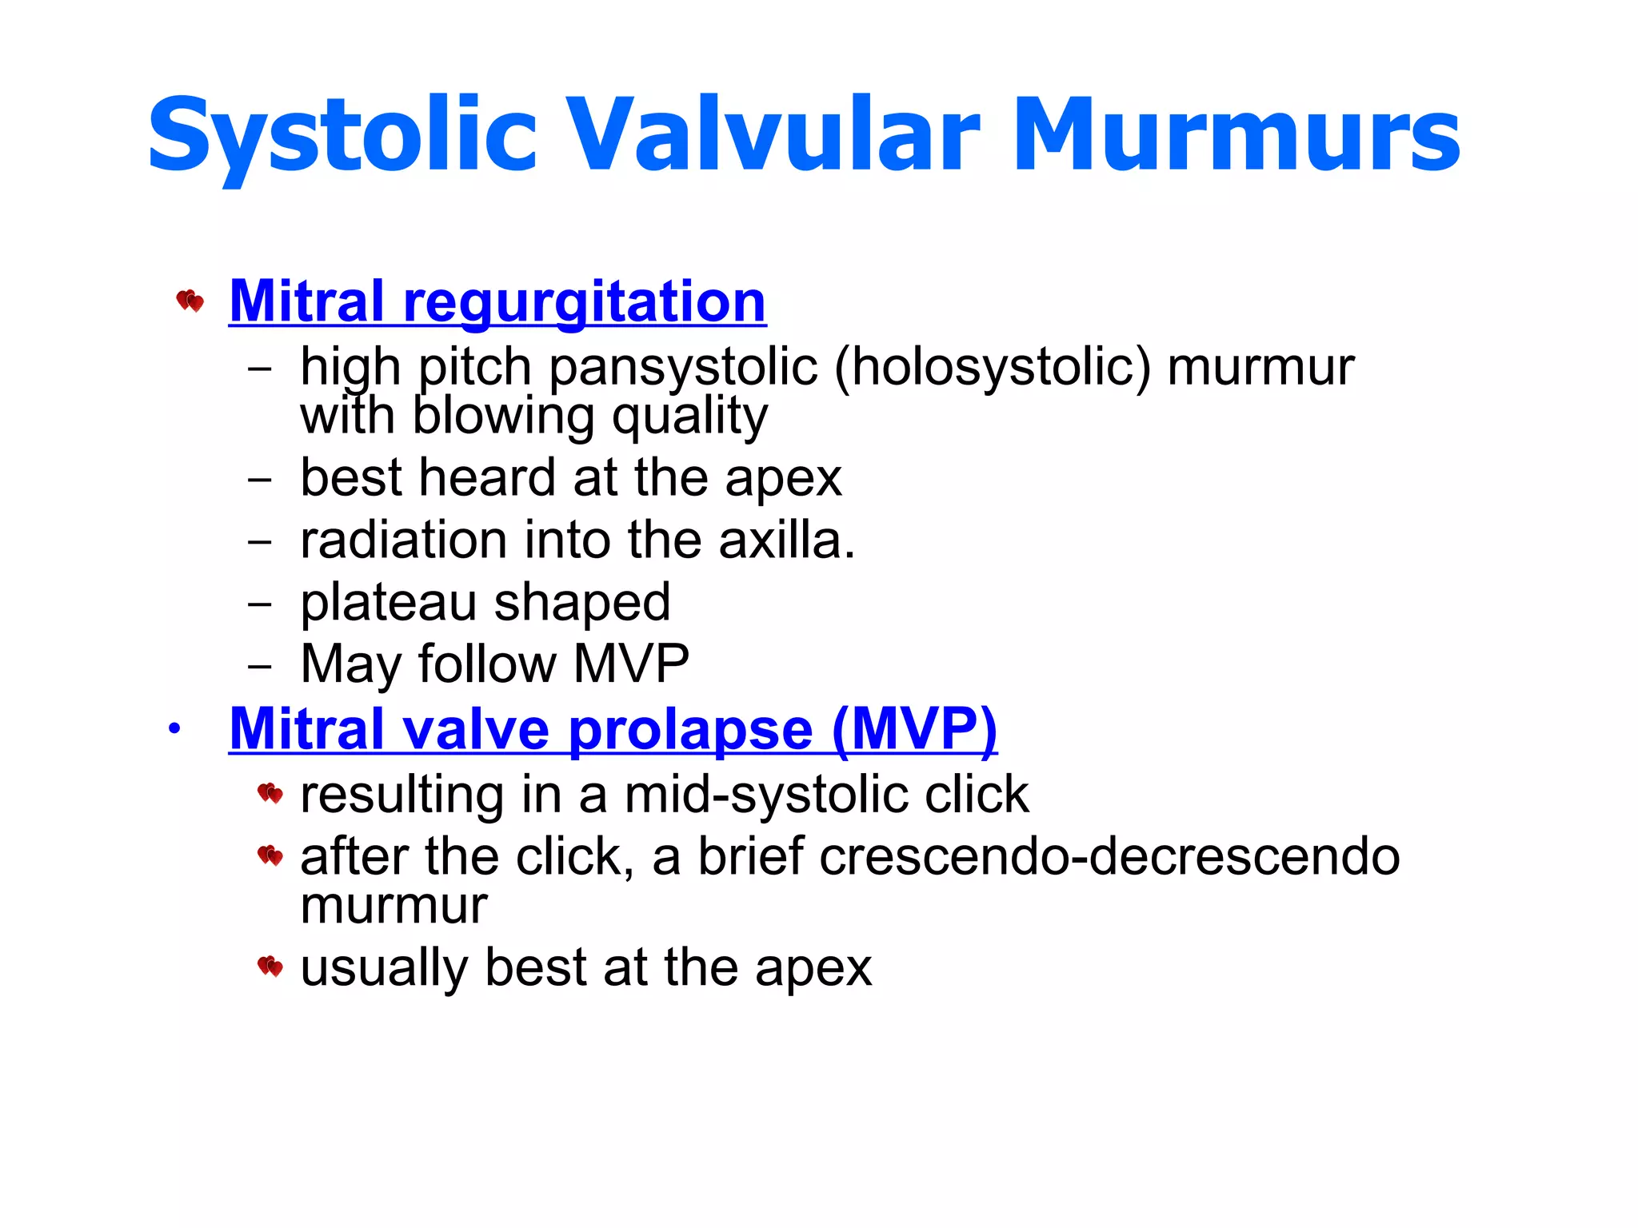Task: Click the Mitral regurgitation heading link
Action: [497, 302]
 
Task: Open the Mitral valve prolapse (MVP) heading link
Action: [613, 729]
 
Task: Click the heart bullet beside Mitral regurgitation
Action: [190, 301]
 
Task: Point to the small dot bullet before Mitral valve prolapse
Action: [174, 728]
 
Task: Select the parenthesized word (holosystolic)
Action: [993, 367]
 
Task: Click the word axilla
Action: [780, 540]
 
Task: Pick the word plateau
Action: [388, 603]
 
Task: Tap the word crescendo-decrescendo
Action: [1109, 856]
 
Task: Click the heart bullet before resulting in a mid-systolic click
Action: [270, 794]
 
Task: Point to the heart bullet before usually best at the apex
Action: [270, 967]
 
